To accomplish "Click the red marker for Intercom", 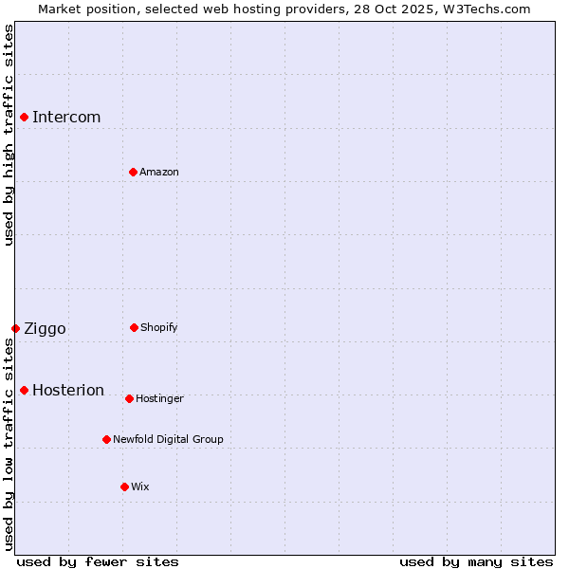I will pos(24,117).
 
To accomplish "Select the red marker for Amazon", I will pos(133,172).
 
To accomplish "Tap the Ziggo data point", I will pos(15,328).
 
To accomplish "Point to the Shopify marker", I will pos(134,327).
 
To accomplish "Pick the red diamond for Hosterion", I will pos(24,390).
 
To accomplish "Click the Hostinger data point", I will pos(129,398).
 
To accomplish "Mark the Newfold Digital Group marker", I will pos(106,439).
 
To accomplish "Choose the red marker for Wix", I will pos(124,486).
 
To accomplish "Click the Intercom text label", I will pos(66,118).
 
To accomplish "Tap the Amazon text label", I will pos(159,173).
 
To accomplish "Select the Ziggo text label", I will pos(45,329).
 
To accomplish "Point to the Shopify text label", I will pos(159,328).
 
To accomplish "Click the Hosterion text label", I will pos(68,391).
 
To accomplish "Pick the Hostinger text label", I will pos(159,399).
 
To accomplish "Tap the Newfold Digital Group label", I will pos(168,440).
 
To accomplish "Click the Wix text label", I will pos(140,487).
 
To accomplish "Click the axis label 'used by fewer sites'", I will pos(98,561).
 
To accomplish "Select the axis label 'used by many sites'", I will pos(476,561).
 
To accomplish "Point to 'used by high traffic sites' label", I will pos(9,135).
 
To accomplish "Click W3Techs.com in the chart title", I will pos(483,9).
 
